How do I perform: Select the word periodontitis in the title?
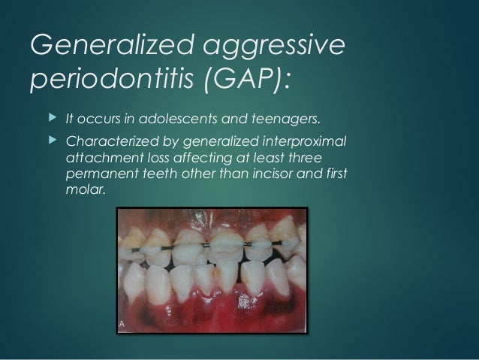coord(104,79)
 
